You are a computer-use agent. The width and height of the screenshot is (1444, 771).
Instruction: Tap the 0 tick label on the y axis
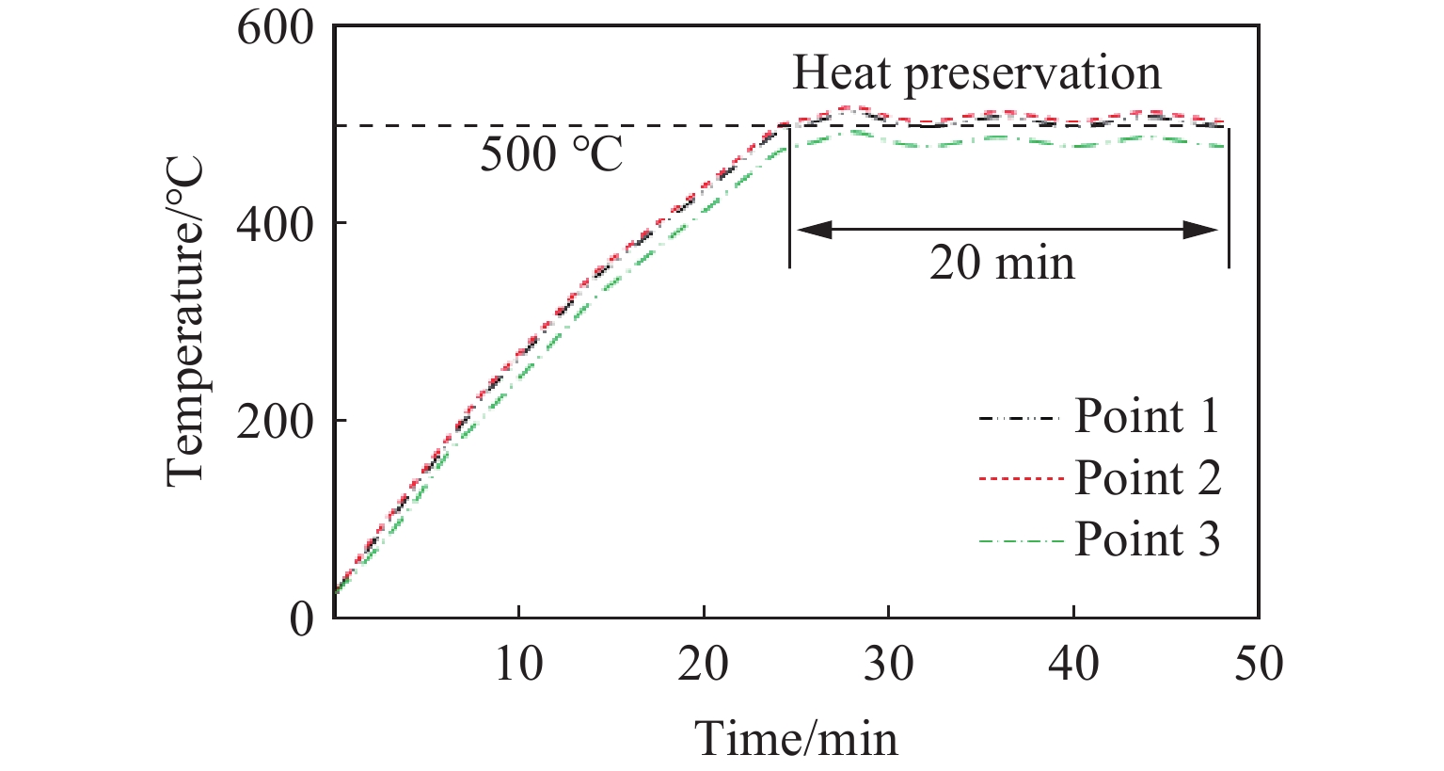tap(301, 618)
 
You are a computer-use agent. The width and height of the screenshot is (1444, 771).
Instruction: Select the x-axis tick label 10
tap(518, 665)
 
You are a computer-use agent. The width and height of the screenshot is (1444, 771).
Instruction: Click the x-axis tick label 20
tap(704, 665)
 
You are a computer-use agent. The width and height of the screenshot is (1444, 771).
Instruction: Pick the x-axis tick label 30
tap(888, 665)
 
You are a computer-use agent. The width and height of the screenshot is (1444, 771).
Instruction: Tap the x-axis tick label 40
tap(1073, 665)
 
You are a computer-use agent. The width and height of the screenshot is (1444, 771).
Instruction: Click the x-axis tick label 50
tap(1258, 665)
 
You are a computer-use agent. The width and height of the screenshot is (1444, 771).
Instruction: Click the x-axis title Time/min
tap(797, 739)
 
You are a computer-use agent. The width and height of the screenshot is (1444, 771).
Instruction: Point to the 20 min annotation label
tap(1002, 263)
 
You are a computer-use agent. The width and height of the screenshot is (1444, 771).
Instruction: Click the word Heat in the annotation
tap(840, 73)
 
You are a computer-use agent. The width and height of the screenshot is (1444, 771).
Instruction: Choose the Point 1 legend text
tap(1147, 416)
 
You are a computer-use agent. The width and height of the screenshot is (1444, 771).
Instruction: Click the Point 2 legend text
tap(1147, 478)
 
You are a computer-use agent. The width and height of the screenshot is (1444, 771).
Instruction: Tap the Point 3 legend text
tap(1147, 539)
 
